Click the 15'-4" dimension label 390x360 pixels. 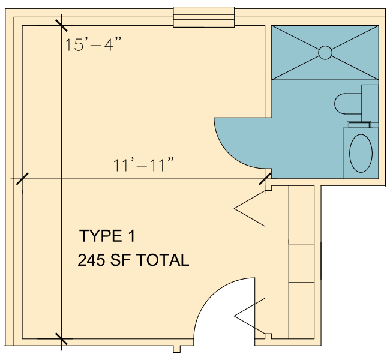(93, 44)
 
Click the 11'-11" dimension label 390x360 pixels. (143, 165)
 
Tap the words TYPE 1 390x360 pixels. (107, 236)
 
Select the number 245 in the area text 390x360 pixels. (91, 260)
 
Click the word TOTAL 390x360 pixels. (163, 260)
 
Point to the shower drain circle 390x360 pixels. (325, 53)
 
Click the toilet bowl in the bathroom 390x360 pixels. (348, 104)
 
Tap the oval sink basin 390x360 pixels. (361, 153)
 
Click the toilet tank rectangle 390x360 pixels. (370, 104)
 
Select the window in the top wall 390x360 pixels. (204, 17)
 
